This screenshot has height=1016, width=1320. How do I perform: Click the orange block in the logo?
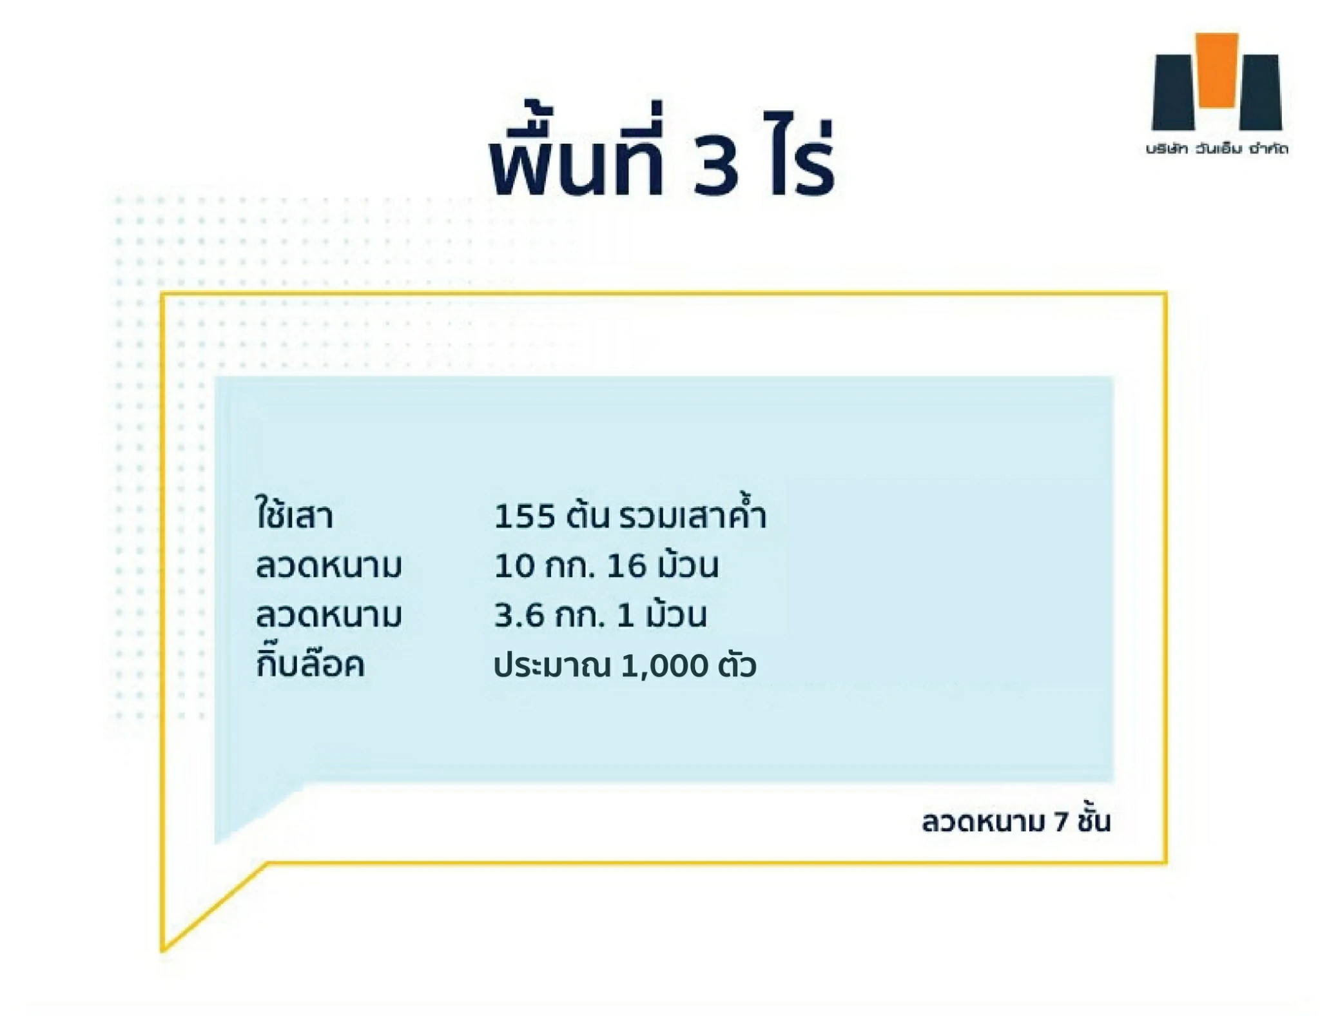click(1216, 70)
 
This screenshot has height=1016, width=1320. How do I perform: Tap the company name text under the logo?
click(1216, 149)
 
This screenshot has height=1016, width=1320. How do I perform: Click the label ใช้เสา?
click(294, 513)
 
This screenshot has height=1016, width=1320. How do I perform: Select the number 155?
click(524, 516)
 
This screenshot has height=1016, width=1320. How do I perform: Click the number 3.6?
click(519, 616)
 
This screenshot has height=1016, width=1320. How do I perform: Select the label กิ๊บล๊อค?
click(310, 662)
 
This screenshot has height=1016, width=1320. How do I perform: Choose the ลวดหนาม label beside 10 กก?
click(328, 566)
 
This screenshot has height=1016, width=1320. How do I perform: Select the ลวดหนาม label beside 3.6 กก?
click(328, 616)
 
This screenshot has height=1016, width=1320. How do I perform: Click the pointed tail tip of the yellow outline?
click(163, 950)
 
